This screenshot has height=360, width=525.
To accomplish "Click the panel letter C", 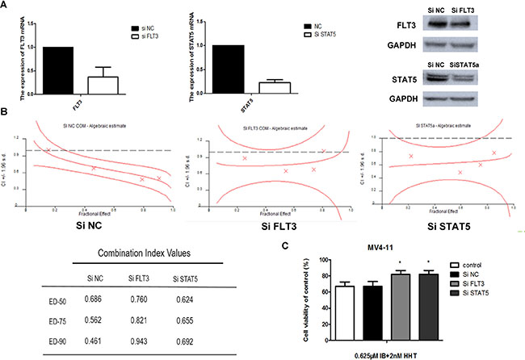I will pyautogui.click(x=282, y=247).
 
